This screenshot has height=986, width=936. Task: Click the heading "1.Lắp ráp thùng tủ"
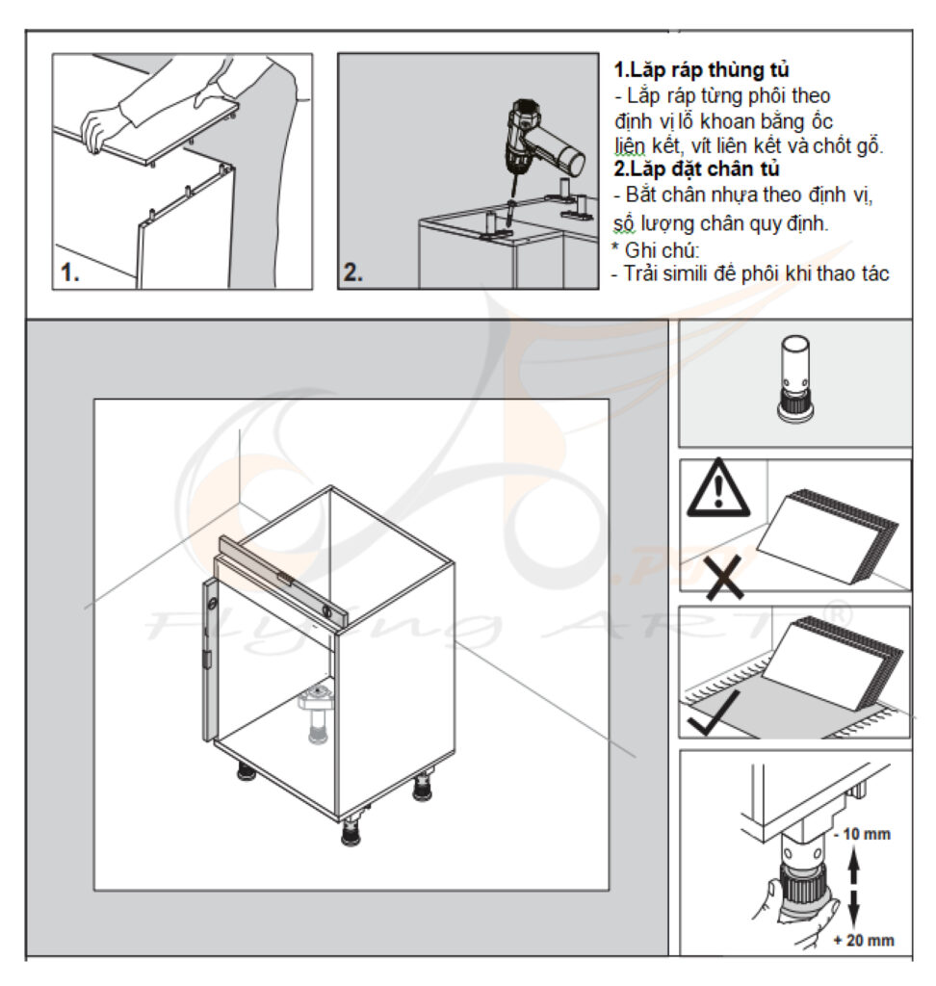[701, 69]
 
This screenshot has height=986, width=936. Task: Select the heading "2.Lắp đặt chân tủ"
[696, 169]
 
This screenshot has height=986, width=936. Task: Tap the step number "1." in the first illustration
[70, 272]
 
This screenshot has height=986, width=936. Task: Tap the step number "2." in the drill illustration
[352, 272]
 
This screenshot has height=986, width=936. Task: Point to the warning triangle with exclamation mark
[718, 488]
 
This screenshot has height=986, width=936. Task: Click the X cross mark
[723, 577]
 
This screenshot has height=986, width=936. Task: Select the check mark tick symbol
[714, 713]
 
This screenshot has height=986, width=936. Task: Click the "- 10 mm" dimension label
[862, 834]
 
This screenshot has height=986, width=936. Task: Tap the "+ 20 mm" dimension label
[864, 940]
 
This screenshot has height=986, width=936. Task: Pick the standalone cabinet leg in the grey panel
[795, 377]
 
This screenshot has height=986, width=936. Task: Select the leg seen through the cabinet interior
[319, 715]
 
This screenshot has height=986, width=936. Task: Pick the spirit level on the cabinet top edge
[282, 582]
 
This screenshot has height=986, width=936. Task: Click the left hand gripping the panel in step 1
[97, 129]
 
